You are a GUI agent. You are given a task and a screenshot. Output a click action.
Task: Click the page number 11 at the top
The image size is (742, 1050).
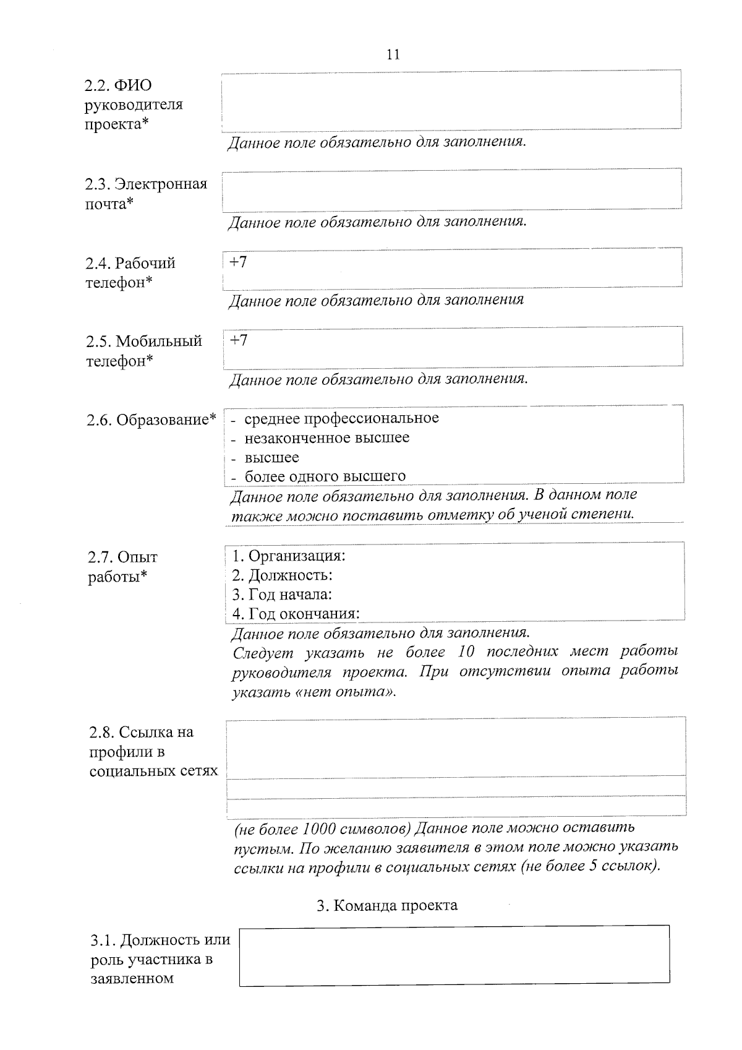393,54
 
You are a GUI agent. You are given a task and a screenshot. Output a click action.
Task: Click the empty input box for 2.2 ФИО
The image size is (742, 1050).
451,100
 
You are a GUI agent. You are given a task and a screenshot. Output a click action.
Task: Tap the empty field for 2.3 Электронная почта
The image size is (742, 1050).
451,189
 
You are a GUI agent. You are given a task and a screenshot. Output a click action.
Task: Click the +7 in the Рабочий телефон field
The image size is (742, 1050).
239,262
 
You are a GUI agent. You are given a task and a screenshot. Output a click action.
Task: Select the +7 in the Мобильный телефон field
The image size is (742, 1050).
239,340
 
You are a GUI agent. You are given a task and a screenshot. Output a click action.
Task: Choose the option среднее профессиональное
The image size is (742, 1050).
341,419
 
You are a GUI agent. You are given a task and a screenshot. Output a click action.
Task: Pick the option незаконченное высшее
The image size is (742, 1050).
326,438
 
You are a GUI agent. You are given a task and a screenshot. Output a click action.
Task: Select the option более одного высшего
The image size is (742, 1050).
325,476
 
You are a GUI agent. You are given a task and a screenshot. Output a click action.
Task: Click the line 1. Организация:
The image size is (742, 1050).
289,556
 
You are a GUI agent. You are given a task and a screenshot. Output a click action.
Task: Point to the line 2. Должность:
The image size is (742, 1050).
283,575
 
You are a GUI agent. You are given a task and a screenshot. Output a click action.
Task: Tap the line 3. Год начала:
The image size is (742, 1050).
282,595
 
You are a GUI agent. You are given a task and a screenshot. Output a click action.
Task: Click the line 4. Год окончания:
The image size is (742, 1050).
296,614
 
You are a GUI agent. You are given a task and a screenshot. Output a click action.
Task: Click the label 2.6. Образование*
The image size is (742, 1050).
151,420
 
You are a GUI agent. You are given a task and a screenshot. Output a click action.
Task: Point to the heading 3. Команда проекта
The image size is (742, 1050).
387,905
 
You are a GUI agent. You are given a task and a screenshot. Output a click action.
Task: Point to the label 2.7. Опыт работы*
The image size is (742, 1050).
122,567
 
